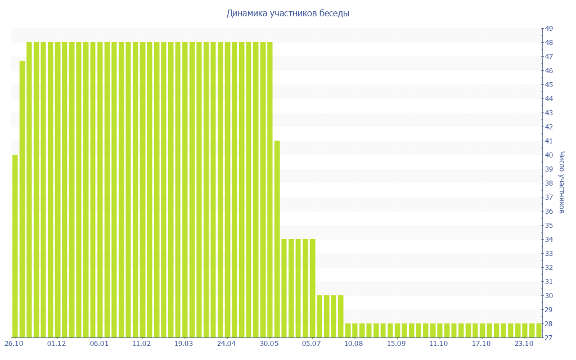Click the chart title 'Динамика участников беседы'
[x=287, y=13]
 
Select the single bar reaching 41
[x=277, y=239]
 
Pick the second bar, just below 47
[x=22, y=199]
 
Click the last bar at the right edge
[x=539, y=331]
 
